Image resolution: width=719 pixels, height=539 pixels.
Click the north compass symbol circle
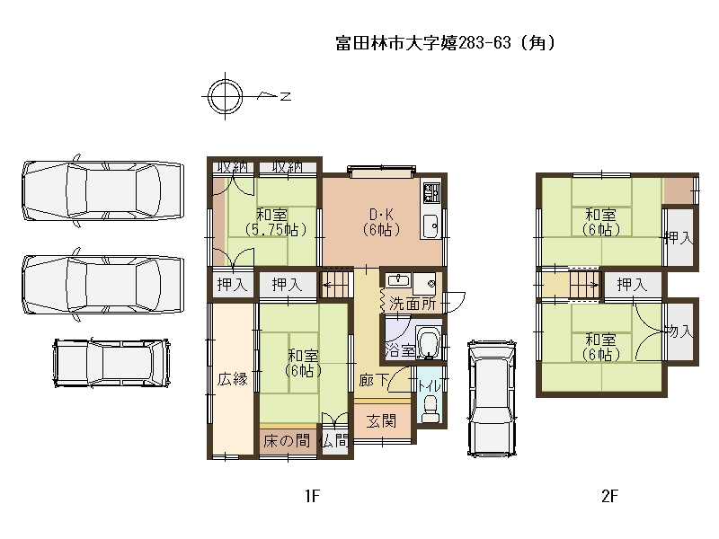[x=225, y=84]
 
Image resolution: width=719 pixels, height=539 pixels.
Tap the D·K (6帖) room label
[x=381, y=222]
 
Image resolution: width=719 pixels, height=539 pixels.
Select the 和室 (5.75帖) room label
[x=275, y=222]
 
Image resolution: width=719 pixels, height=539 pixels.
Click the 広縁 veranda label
[x=233, y=379]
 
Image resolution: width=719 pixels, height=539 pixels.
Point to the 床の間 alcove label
[x=287, y=441]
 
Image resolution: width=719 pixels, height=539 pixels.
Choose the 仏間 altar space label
[x=335, y=441]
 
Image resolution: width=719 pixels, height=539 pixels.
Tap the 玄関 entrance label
[x=381, y=420]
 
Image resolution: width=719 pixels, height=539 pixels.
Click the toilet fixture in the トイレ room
[x=430, y=410]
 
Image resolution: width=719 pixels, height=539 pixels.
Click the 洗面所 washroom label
[x=413, y=303]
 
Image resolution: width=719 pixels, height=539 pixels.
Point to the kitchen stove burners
[x=431, y=192]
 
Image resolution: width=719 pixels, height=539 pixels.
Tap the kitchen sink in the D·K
[x=431, y=226]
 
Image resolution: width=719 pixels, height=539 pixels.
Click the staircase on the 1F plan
[x=336, y=285]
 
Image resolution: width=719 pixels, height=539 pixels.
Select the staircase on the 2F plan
[x=585, y=285]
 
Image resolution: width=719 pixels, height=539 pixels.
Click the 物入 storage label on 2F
[x=679, y=331]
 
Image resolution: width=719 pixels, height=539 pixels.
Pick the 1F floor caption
[x=312, y=496]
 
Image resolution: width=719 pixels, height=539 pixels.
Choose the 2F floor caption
[x=609, y=496]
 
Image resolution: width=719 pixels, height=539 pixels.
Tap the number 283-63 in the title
[x=484, y=42]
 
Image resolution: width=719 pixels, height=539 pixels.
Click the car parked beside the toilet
[x=492, y=398]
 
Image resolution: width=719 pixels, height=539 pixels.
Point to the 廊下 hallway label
[x=374, y=379]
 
